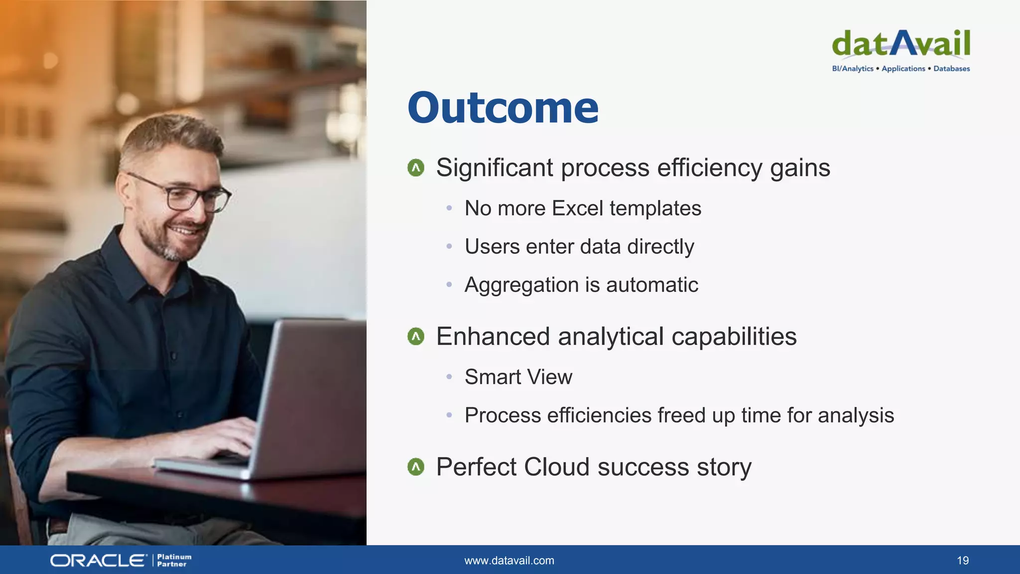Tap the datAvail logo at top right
pos(901,44)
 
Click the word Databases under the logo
pos(951,69)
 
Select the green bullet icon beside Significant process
pos(416,168)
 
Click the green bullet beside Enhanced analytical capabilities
pos(416,337)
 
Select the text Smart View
pos(518,377)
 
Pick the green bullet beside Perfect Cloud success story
pos(416,467)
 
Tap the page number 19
pos(962,561)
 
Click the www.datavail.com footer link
pos(509,561)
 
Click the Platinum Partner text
pos(174,561)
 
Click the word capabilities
pos(734,337)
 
